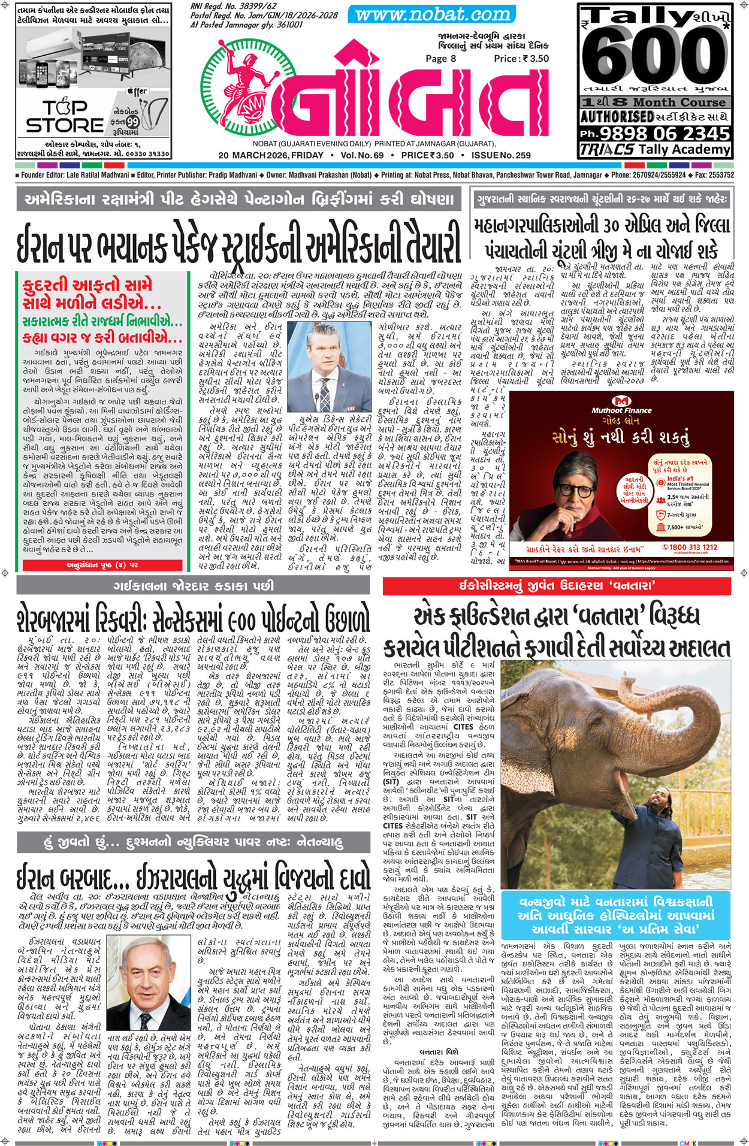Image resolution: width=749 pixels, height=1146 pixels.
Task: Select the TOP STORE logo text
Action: tap(65, 117)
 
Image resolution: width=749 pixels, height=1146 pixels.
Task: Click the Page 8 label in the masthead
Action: tap(440, 59)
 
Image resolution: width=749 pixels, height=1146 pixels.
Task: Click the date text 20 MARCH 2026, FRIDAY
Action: tap(271, 156)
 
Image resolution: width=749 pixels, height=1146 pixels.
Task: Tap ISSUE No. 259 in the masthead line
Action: tap(501, 156)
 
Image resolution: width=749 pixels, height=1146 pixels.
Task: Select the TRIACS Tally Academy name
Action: tap(656, 150)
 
